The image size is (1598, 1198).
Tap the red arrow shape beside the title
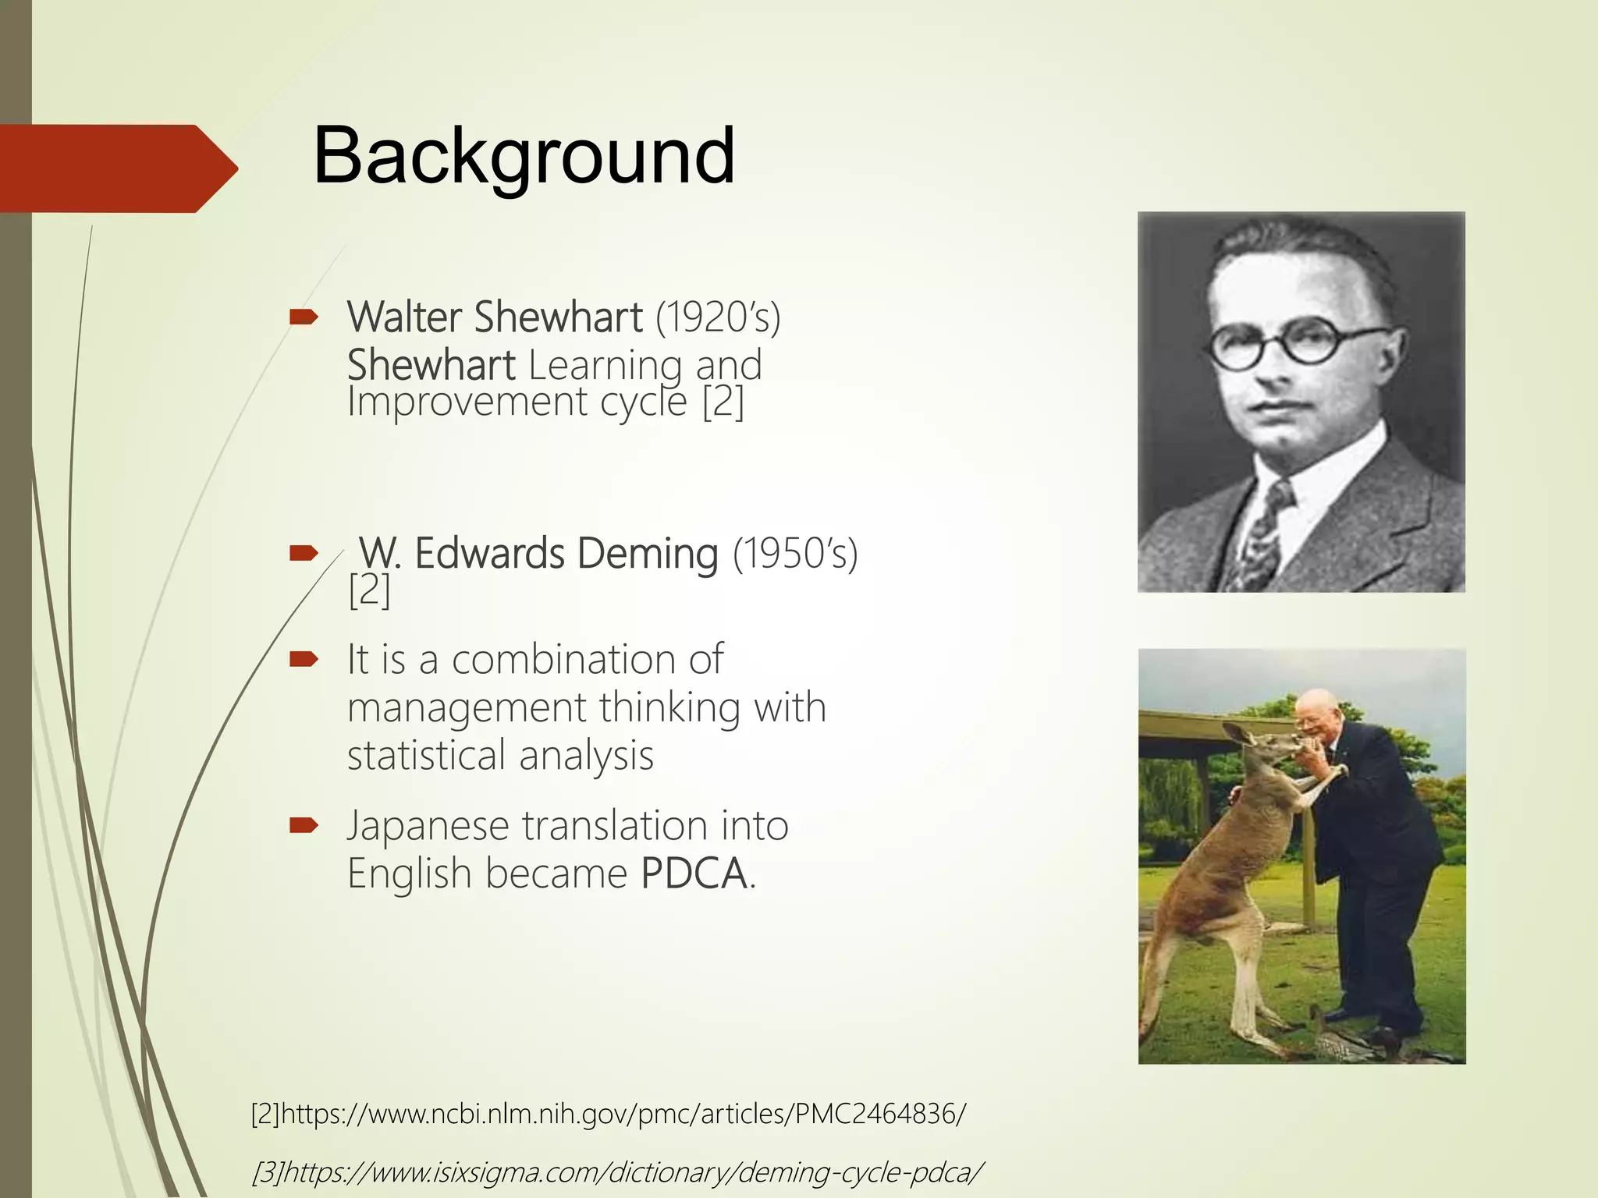pyautogui.click(x=117, y=168)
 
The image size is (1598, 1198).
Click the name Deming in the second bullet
pyautogui.click(x=648, y=554)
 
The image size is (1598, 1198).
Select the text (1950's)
pyautogui.click(x=794, y=554)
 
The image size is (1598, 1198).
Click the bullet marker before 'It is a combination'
pyautogui.click(x=304, y=660)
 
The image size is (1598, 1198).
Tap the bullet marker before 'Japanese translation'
pyautogui.click(x=304, y=825)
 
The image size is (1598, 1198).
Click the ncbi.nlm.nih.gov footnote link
pyautogui.click(x=609, y=1114)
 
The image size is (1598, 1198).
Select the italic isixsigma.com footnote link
pyautogui.click(x=616, y=1171)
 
